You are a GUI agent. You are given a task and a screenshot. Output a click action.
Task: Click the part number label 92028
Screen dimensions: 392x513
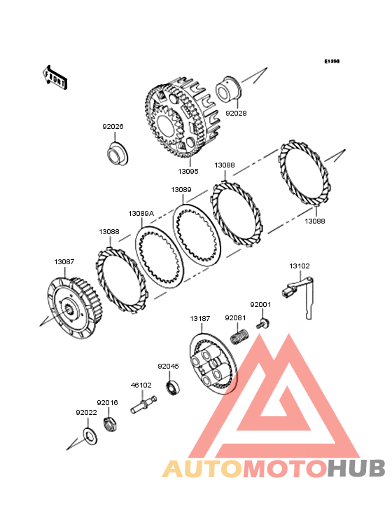(236, 114)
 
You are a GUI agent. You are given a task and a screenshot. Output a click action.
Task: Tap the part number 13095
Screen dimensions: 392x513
(188, 172)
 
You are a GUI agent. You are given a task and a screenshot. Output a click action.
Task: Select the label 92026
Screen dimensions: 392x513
(113, 127)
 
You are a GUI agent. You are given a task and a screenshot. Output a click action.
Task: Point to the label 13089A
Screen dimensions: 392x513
(141, 214)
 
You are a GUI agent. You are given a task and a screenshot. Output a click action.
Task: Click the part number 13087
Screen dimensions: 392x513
(64, 262)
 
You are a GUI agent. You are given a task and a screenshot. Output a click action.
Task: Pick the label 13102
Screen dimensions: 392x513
(300, 266)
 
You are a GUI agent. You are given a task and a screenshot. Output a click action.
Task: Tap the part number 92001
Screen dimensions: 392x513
(260, 305)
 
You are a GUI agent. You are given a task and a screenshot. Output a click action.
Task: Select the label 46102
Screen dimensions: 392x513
(141, 385)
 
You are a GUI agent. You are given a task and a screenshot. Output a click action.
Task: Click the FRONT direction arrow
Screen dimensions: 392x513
(55, 78)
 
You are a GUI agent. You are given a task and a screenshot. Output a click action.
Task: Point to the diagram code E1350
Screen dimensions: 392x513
(332, 61)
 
